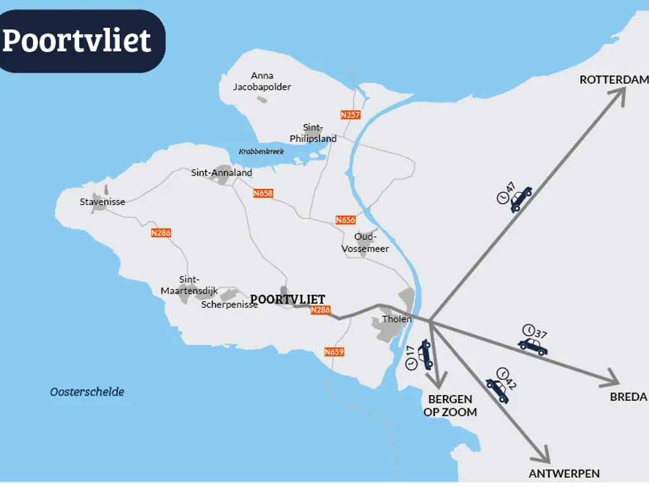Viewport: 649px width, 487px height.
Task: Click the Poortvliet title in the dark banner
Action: tap(77, 41)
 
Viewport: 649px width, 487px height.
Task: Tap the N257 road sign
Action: tap(350, 115)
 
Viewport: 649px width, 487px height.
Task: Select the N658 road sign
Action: tap(262, 193)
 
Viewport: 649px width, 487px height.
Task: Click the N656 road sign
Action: tap(345, 220)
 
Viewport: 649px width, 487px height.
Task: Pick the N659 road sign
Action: tap(334, 352)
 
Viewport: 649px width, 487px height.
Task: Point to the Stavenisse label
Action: tap(102, 202)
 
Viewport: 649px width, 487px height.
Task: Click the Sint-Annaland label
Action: tap(221, 172)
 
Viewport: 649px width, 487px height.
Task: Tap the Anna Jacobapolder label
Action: tap(262, 81)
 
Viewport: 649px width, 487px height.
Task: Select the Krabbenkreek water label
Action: tap(261, 152)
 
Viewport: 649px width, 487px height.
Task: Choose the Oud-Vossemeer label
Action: tap(365, 242)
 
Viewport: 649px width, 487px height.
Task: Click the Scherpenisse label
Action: tap(229, 304)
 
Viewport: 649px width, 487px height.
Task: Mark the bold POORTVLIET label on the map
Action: tap(288, 299)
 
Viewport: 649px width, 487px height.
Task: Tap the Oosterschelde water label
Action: tap(87, 392)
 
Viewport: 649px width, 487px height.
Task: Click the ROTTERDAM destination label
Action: tap(614, 80)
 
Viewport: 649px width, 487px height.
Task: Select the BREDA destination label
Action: tap(628, 397)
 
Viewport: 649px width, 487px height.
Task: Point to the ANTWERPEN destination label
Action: tap(564, 474)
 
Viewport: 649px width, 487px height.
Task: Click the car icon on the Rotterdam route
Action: tap(521, 198)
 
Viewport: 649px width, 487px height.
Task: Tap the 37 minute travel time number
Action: tap(541, 334)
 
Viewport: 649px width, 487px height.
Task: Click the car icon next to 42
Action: tap(497, 390)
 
